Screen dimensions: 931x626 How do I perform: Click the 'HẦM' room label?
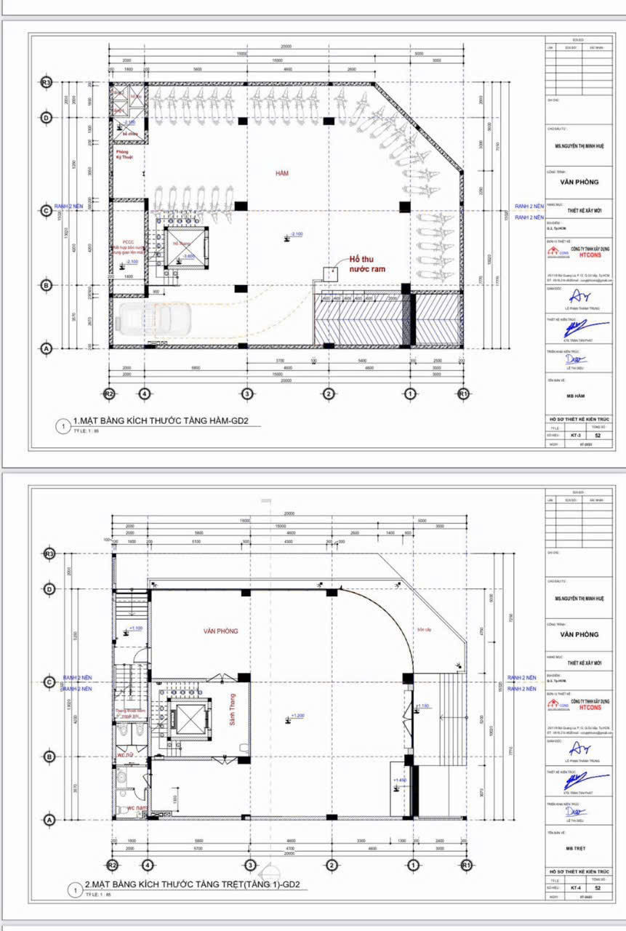282,173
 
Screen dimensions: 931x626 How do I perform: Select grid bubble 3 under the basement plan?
247,393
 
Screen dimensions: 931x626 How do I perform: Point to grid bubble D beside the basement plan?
47,117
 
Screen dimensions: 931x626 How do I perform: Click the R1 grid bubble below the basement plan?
462,393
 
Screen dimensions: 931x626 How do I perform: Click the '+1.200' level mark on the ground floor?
297,716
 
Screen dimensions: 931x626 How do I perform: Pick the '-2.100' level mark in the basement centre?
296,234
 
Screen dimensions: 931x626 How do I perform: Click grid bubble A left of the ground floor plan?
49,819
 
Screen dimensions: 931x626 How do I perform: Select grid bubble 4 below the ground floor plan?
148,865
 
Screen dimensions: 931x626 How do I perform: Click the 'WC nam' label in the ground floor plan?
136,808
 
